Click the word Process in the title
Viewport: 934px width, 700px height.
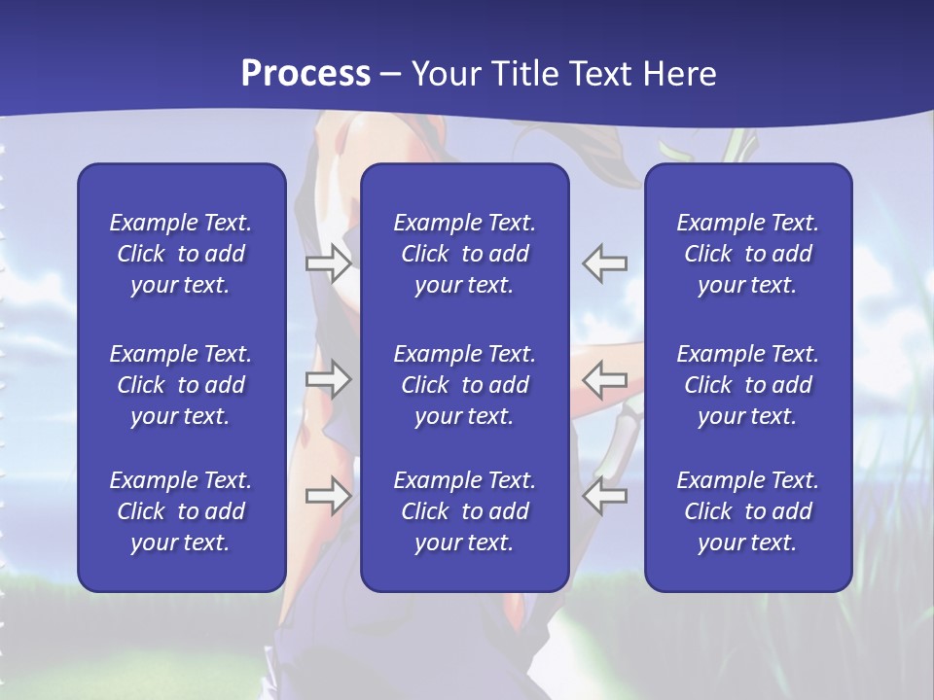(x=305, y=74)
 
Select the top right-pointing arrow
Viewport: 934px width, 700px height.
(x=329, y=263)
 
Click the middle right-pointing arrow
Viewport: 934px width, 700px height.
(x=329, y=379)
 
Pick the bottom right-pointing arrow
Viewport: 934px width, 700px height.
(x=329, y=496)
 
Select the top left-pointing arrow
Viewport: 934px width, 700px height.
(x=604, y=263)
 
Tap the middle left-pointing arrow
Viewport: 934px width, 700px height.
(x=604, y=379)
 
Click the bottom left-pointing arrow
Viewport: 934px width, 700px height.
(x=604, y=496)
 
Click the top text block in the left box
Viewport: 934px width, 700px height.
(x=181, y=254)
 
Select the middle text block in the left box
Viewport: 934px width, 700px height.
(x=181, y=385)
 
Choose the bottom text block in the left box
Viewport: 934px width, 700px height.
(x=181, y=511)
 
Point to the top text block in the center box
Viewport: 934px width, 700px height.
(x=464, y=254)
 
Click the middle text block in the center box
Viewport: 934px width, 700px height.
(x=464, y=385)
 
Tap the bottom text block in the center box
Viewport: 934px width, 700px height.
(x=464, y=511)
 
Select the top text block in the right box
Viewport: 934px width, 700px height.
(x=747, y=254)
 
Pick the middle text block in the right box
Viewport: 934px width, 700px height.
(x=747, y=385)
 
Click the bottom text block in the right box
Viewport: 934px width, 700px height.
(x=747, y=511)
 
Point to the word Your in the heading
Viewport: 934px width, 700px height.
(x=444, y=74)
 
